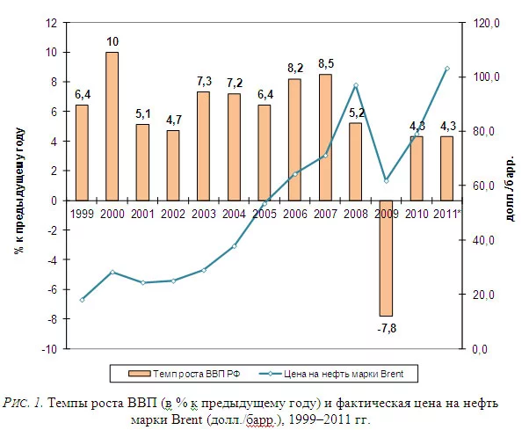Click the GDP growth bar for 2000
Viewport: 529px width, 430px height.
(112, 126)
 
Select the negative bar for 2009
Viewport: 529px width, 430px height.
(386, 258)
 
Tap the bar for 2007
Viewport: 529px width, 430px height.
(325, 137)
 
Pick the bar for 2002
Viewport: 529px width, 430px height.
(172, 165)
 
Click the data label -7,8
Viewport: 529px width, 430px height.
(386, 328)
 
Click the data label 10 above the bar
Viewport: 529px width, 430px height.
(112, 41)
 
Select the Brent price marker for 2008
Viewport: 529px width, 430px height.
(356, 85)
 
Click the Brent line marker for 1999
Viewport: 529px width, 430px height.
(82, 300)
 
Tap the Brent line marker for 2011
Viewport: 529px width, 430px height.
(447, 69)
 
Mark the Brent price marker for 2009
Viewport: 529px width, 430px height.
(386, 180)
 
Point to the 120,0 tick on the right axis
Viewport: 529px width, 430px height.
(485, 23)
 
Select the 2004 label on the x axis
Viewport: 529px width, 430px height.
(234, 214)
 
